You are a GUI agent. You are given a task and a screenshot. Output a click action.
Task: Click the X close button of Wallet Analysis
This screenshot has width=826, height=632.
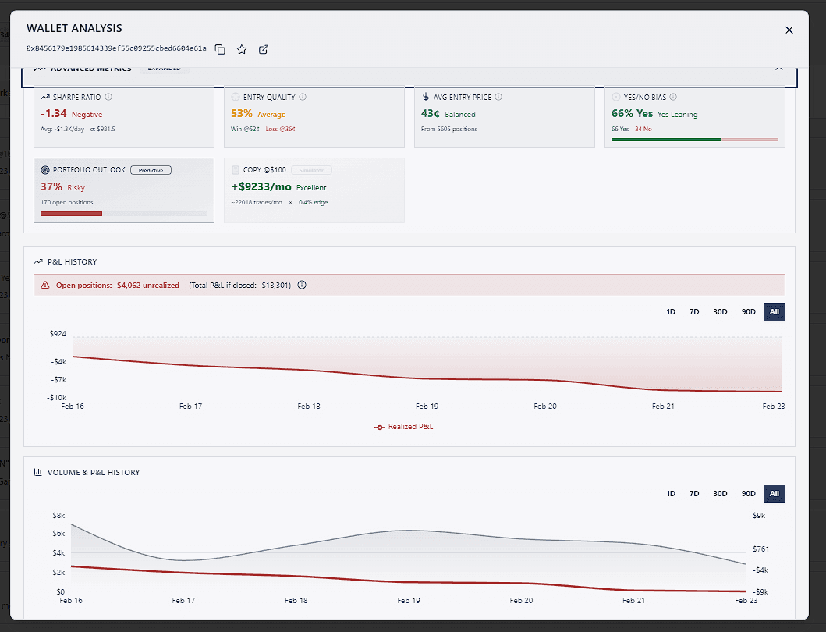click(789, 30)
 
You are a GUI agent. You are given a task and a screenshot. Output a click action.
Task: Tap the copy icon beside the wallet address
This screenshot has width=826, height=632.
click(220, 49)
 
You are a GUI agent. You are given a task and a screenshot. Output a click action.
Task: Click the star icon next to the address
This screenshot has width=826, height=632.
click(242, 49)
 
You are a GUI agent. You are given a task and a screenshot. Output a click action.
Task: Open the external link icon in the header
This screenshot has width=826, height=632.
click(264, 49)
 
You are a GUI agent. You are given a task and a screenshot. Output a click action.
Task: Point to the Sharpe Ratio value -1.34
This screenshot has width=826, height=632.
click(54, 114)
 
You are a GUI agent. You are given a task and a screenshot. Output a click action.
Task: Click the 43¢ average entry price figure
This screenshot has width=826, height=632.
click(431, 114)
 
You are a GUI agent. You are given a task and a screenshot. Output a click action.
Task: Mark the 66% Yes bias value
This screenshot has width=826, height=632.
click(632, 114)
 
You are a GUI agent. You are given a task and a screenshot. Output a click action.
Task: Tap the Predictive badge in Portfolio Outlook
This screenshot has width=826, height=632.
click(151, 169)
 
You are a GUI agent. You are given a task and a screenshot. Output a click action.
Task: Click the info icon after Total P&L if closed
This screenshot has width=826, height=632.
click(302, 285)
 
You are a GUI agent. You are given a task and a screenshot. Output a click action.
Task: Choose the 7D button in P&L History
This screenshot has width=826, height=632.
click(694, 312)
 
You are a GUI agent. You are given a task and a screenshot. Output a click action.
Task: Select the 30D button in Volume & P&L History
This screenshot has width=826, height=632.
click(720, 494)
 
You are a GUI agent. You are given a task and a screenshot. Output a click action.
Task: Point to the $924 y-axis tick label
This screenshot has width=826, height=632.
click(58, 334)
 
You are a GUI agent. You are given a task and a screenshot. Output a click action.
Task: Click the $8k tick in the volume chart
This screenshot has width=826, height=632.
click(58, 515)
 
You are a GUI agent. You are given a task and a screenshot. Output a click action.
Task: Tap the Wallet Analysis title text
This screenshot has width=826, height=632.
click(74, 28)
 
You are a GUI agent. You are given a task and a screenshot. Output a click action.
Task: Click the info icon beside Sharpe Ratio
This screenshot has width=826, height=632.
click(108, 97)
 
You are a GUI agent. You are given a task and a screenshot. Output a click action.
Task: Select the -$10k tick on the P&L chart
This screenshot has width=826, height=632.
click(56, 397)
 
